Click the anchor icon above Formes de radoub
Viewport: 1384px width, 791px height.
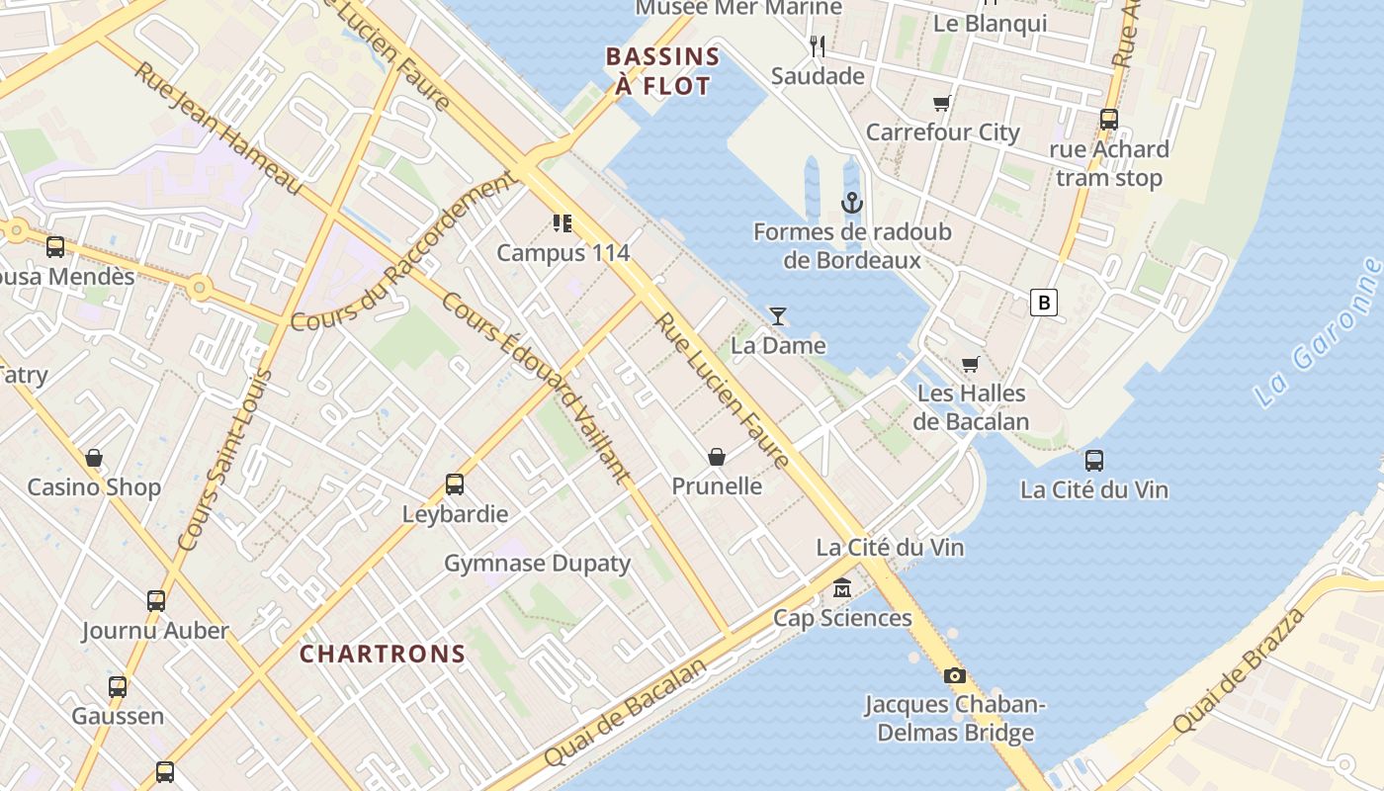[851, 204]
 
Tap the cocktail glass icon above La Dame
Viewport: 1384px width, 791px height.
[778, 316]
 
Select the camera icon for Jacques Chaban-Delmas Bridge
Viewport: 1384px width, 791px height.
[954, 676]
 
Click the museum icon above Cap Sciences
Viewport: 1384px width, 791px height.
[841, 588]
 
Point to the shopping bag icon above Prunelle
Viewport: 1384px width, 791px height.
[717, 457]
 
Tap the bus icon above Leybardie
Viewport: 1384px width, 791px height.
[455, 484]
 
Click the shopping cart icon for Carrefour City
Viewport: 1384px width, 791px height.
[942, 103]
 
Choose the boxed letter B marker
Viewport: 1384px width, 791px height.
[1043, 302]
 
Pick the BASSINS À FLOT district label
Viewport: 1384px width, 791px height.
[662, 71]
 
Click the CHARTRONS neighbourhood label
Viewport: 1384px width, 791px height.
[383, 654]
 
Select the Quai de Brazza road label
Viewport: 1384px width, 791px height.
[1238, 672]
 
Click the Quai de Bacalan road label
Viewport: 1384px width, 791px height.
[626, 712]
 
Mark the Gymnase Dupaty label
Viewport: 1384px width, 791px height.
[537, 564]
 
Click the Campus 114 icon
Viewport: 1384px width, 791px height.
[562, 223]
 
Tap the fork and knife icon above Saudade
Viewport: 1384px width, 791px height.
[818, 46]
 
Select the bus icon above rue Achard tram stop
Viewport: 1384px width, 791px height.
[1108, 120]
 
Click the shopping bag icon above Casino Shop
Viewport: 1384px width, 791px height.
[94, 458]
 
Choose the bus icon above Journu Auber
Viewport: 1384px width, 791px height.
[155, 601]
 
